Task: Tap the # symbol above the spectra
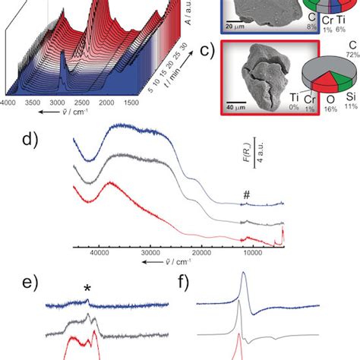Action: click(x=246, y=195)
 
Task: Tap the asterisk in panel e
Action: click(x=88, y=289)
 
